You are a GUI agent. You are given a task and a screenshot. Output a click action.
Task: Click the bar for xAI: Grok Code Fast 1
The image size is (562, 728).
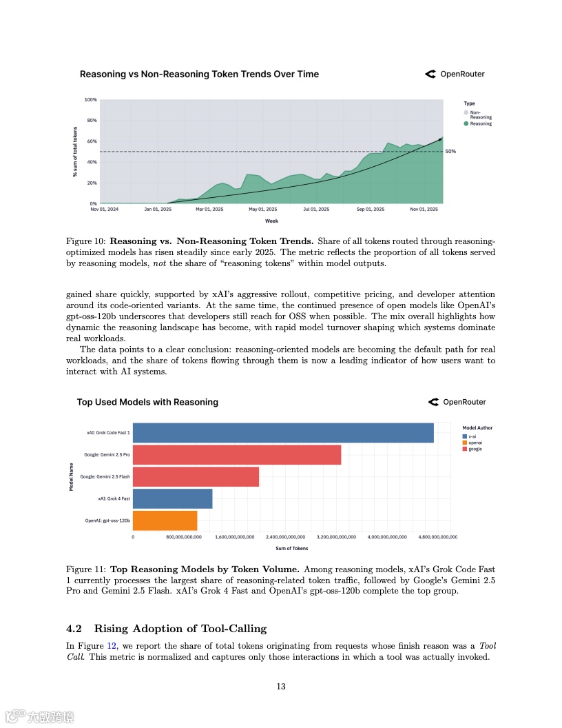point(282,433)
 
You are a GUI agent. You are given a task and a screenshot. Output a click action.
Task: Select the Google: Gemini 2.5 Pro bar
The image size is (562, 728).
point(236,455)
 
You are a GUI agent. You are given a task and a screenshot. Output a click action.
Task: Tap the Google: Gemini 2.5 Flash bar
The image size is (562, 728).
point(196,477)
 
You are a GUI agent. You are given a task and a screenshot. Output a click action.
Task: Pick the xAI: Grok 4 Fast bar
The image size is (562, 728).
point(172,498)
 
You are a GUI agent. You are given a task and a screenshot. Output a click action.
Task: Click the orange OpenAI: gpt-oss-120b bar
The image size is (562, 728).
point(165,520)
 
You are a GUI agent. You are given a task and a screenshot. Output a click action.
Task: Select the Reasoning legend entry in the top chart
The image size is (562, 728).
point(480,124)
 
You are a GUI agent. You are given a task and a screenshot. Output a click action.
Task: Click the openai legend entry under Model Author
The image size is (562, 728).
point(475,443)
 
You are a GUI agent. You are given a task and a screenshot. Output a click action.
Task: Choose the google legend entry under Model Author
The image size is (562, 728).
point(475,449)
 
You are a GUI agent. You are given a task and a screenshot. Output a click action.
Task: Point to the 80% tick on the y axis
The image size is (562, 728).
point(91,121)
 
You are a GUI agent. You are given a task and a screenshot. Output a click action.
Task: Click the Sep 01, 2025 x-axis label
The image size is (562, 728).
point(370,209)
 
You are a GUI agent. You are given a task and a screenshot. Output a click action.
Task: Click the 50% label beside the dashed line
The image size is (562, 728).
point(451,151)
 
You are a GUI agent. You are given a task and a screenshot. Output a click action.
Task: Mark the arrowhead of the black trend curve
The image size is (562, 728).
point(441,139)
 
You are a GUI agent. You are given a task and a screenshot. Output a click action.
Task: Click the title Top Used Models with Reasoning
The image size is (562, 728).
point(147,402)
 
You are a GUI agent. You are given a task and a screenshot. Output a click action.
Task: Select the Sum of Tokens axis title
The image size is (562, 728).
point(292,548)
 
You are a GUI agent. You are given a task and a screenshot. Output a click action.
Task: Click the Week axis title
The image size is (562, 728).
point(271,221)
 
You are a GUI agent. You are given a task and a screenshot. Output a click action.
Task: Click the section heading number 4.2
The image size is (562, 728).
point(74,628)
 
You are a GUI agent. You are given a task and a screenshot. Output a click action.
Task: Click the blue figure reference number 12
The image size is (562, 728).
point(112,646)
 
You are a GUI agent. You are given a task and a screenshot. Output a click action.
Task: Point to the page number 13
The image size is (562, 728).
point(281,686)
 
